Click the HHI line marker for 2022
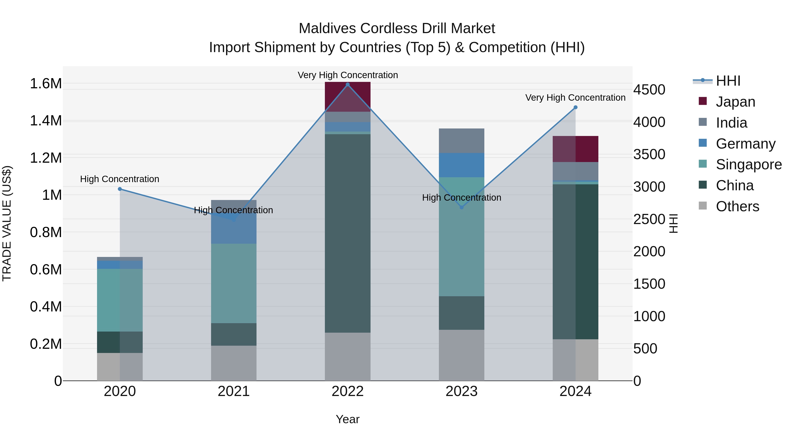(348, 85)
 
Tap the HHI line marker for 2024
(575, 107)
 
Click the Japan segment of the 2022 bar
(348, 96)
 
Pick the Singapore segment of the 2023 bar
(461, 237)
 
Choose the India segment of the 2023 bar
(461, 141)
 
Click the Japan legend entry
(735, 102)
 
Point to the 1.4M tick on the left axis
(46, 121)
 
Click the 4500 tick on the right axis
(649, 90)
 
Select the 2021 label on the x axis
(234, 391)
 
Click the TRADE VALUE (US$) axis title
(7, 223)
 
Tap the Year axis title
(348, 419)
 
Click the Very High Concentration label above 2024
(575, 98)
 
